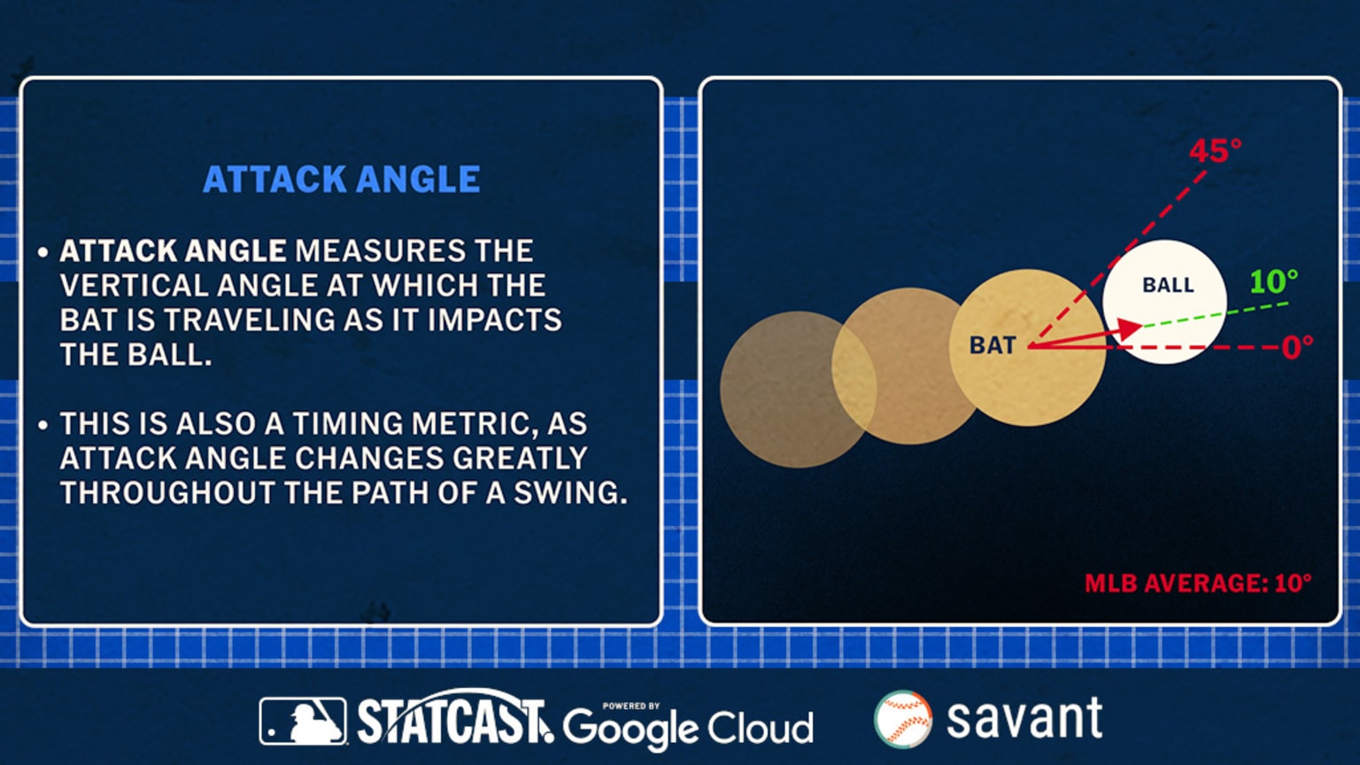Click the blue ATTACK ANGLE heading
click(x=341, y=180)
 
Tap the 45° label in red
click(x=1214, y=151)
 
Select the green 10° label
click(x=1273, y=282)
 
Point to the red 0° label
click(x=1297, y=346)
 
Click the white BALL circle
click(x=1164, y=301)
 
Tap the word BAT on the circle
click(x=993, y=345)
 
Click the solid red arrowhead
click(x=1129, y=330)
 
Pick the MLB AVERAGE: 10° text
click(x=1197, y=583)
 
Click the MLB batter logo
click(x=303, y=721)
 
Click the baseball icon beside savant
click(x=902, y=719)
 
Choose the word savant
click(x=1024, y=718)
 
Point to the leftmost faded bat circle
click(x=784, y=390)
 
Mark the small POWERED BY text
click(x=630, y=706)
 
